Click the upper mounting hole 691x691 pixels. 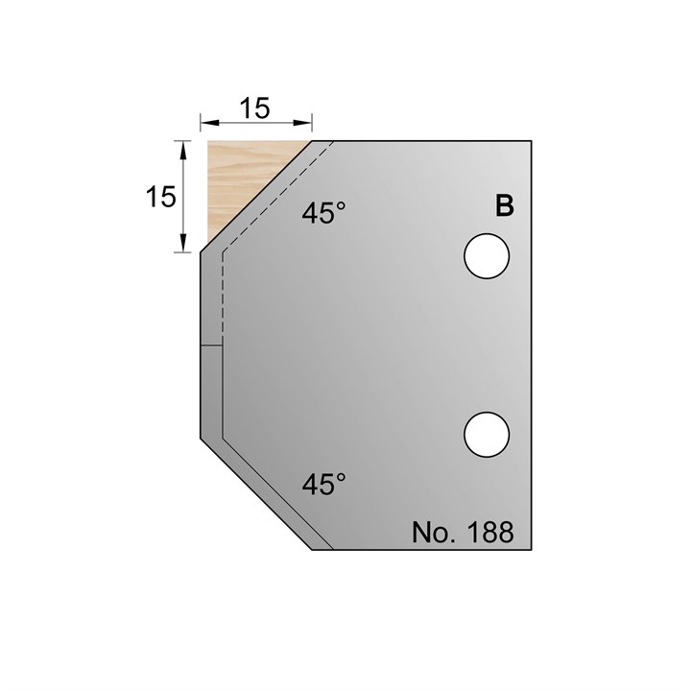(486, 255)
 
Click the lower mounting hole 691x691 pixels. (486, 433)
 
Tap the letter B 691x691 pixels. (504, 205)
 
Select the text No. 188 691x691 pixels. (463, 532)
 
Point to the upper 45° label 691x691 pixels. (323, 214)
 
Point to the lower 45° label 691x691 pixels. (323, 485)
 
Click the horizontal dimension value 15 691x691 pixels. (254, 108)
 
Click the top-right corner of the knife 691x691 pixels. (531, 140)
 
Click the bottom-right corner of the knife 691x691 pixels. (531, 550)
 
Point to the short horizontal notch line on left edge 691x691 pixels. (211, 345)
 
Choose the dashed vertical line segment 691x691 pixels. (222, 298)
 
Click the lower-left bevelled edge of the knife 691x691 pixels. (257, 494)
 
